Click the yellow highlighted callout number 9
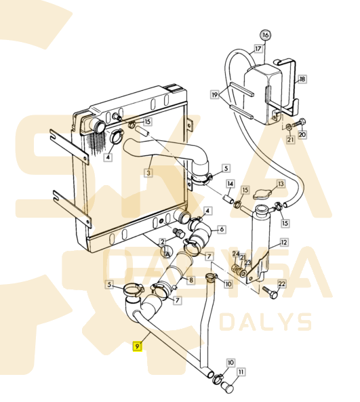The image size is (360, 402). click(x=138, y=346)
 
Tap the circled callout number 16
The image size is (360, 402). click(x=266, y=35)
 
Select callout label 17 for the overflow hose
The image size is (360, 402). click(x=258, y=48)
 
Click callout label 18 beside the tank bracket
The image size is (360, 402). click(x=302, y=79)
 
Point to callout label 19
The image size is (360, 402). click(x=215, y=95)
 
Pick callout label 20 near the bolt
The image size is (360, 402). click(x=302, y=134)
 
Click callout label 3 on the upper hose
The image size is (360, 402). click(x=148, y=173)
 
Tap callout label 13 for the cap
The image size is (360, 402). click(x=281, y=184)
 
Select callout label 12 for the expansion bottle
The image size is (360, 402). click(x=284, y=242)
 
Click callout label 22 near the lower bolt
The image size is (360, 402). click(x=281, y=284)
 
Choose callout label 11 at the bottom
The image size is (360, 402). click(x=241, y=371)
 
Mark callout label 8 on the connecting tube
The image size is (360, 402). click(x=191, y=280)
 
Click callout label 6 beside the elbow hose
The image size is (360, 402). click(x=222, y=229)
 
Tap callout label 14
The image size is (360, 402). click(x=231, y=184)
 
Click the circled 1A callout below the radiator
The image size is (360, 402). click(x=167, y=252)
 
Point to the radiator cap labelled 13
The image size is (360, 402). click(x=262, y=195)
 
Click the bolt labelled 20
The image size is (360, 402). click(x=299, y=123)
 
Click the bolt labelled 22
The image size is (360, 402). click(x=269, y=293)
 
